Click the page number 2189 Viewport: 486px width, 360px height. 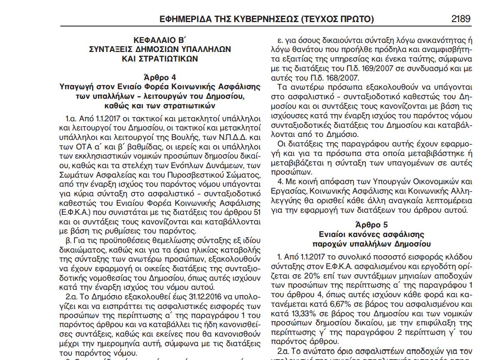pos(460,19)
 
